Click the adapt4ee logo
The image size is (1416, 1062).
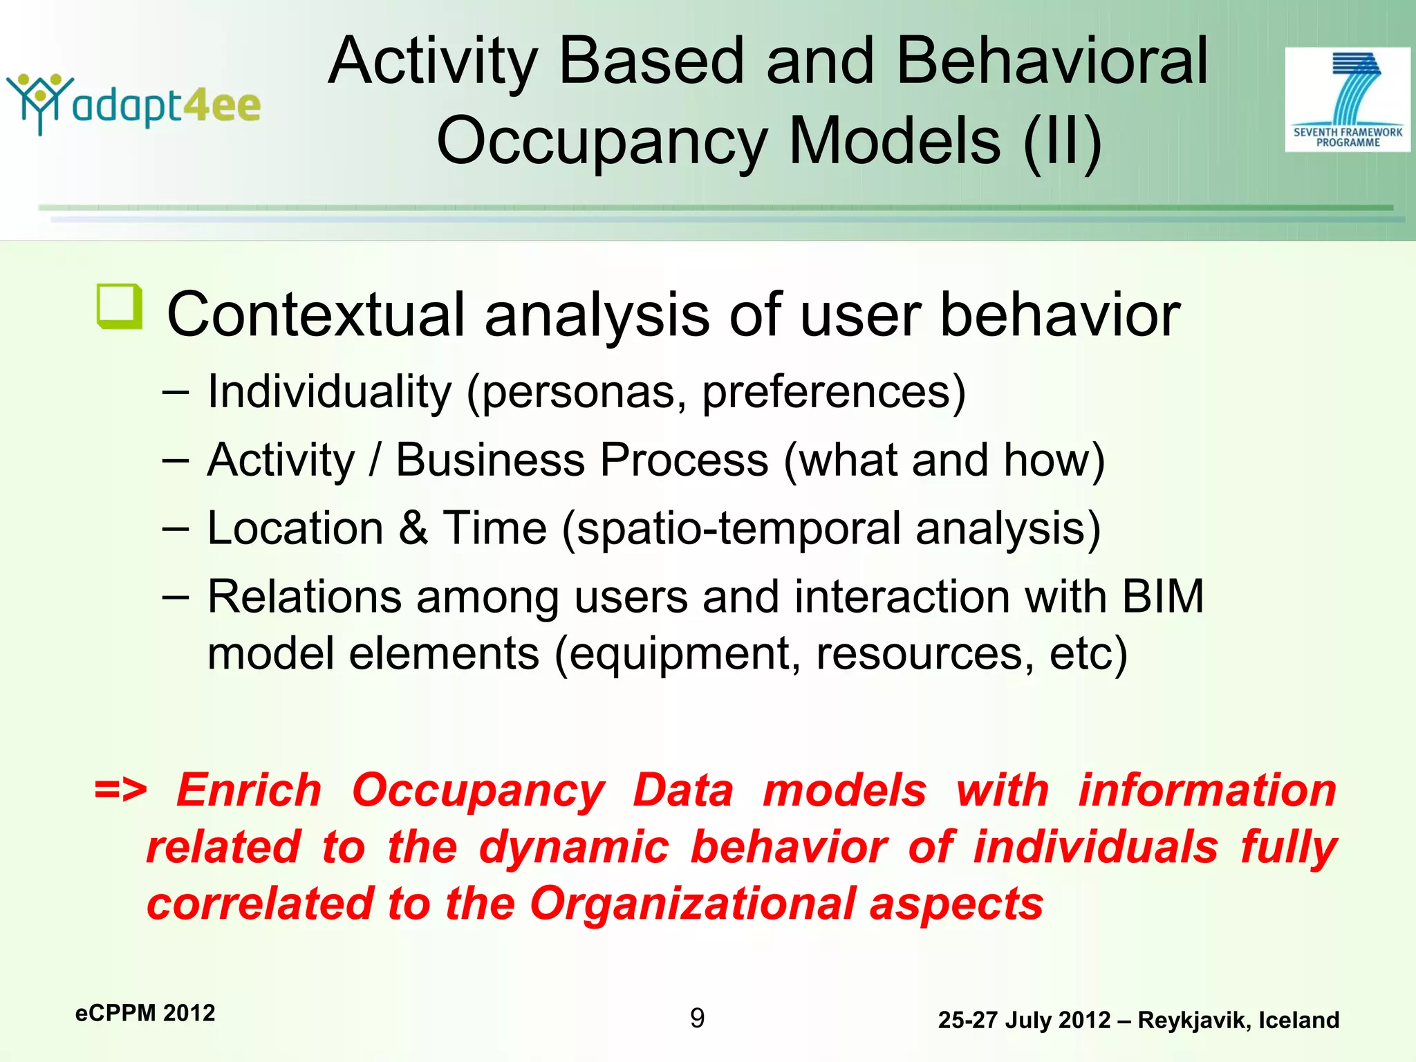(133, 104)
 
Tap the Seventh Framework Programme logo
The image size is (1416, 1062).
(1347, 100)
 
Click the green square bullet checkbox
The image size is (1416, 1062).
(120, 306)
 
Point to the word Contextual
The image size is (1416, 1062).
(315, 315)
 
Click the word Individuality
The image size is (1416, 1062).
(329, 391)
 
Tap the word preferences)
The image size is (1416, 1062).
(833, 392)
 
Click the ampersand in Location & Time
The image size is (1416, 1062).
(413, 528)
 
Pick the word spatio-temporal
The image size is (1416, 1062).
(738, 528)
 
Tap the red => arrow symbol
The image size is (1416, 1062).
(120, 790)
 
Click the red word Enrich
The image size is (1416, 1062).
(249, 790)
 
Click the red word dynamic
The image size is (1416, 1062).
(574, 847)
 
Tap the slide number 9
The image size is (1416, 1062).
(697, 1018)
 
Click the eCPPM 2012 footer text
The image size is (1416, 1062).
(145, 1013)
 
